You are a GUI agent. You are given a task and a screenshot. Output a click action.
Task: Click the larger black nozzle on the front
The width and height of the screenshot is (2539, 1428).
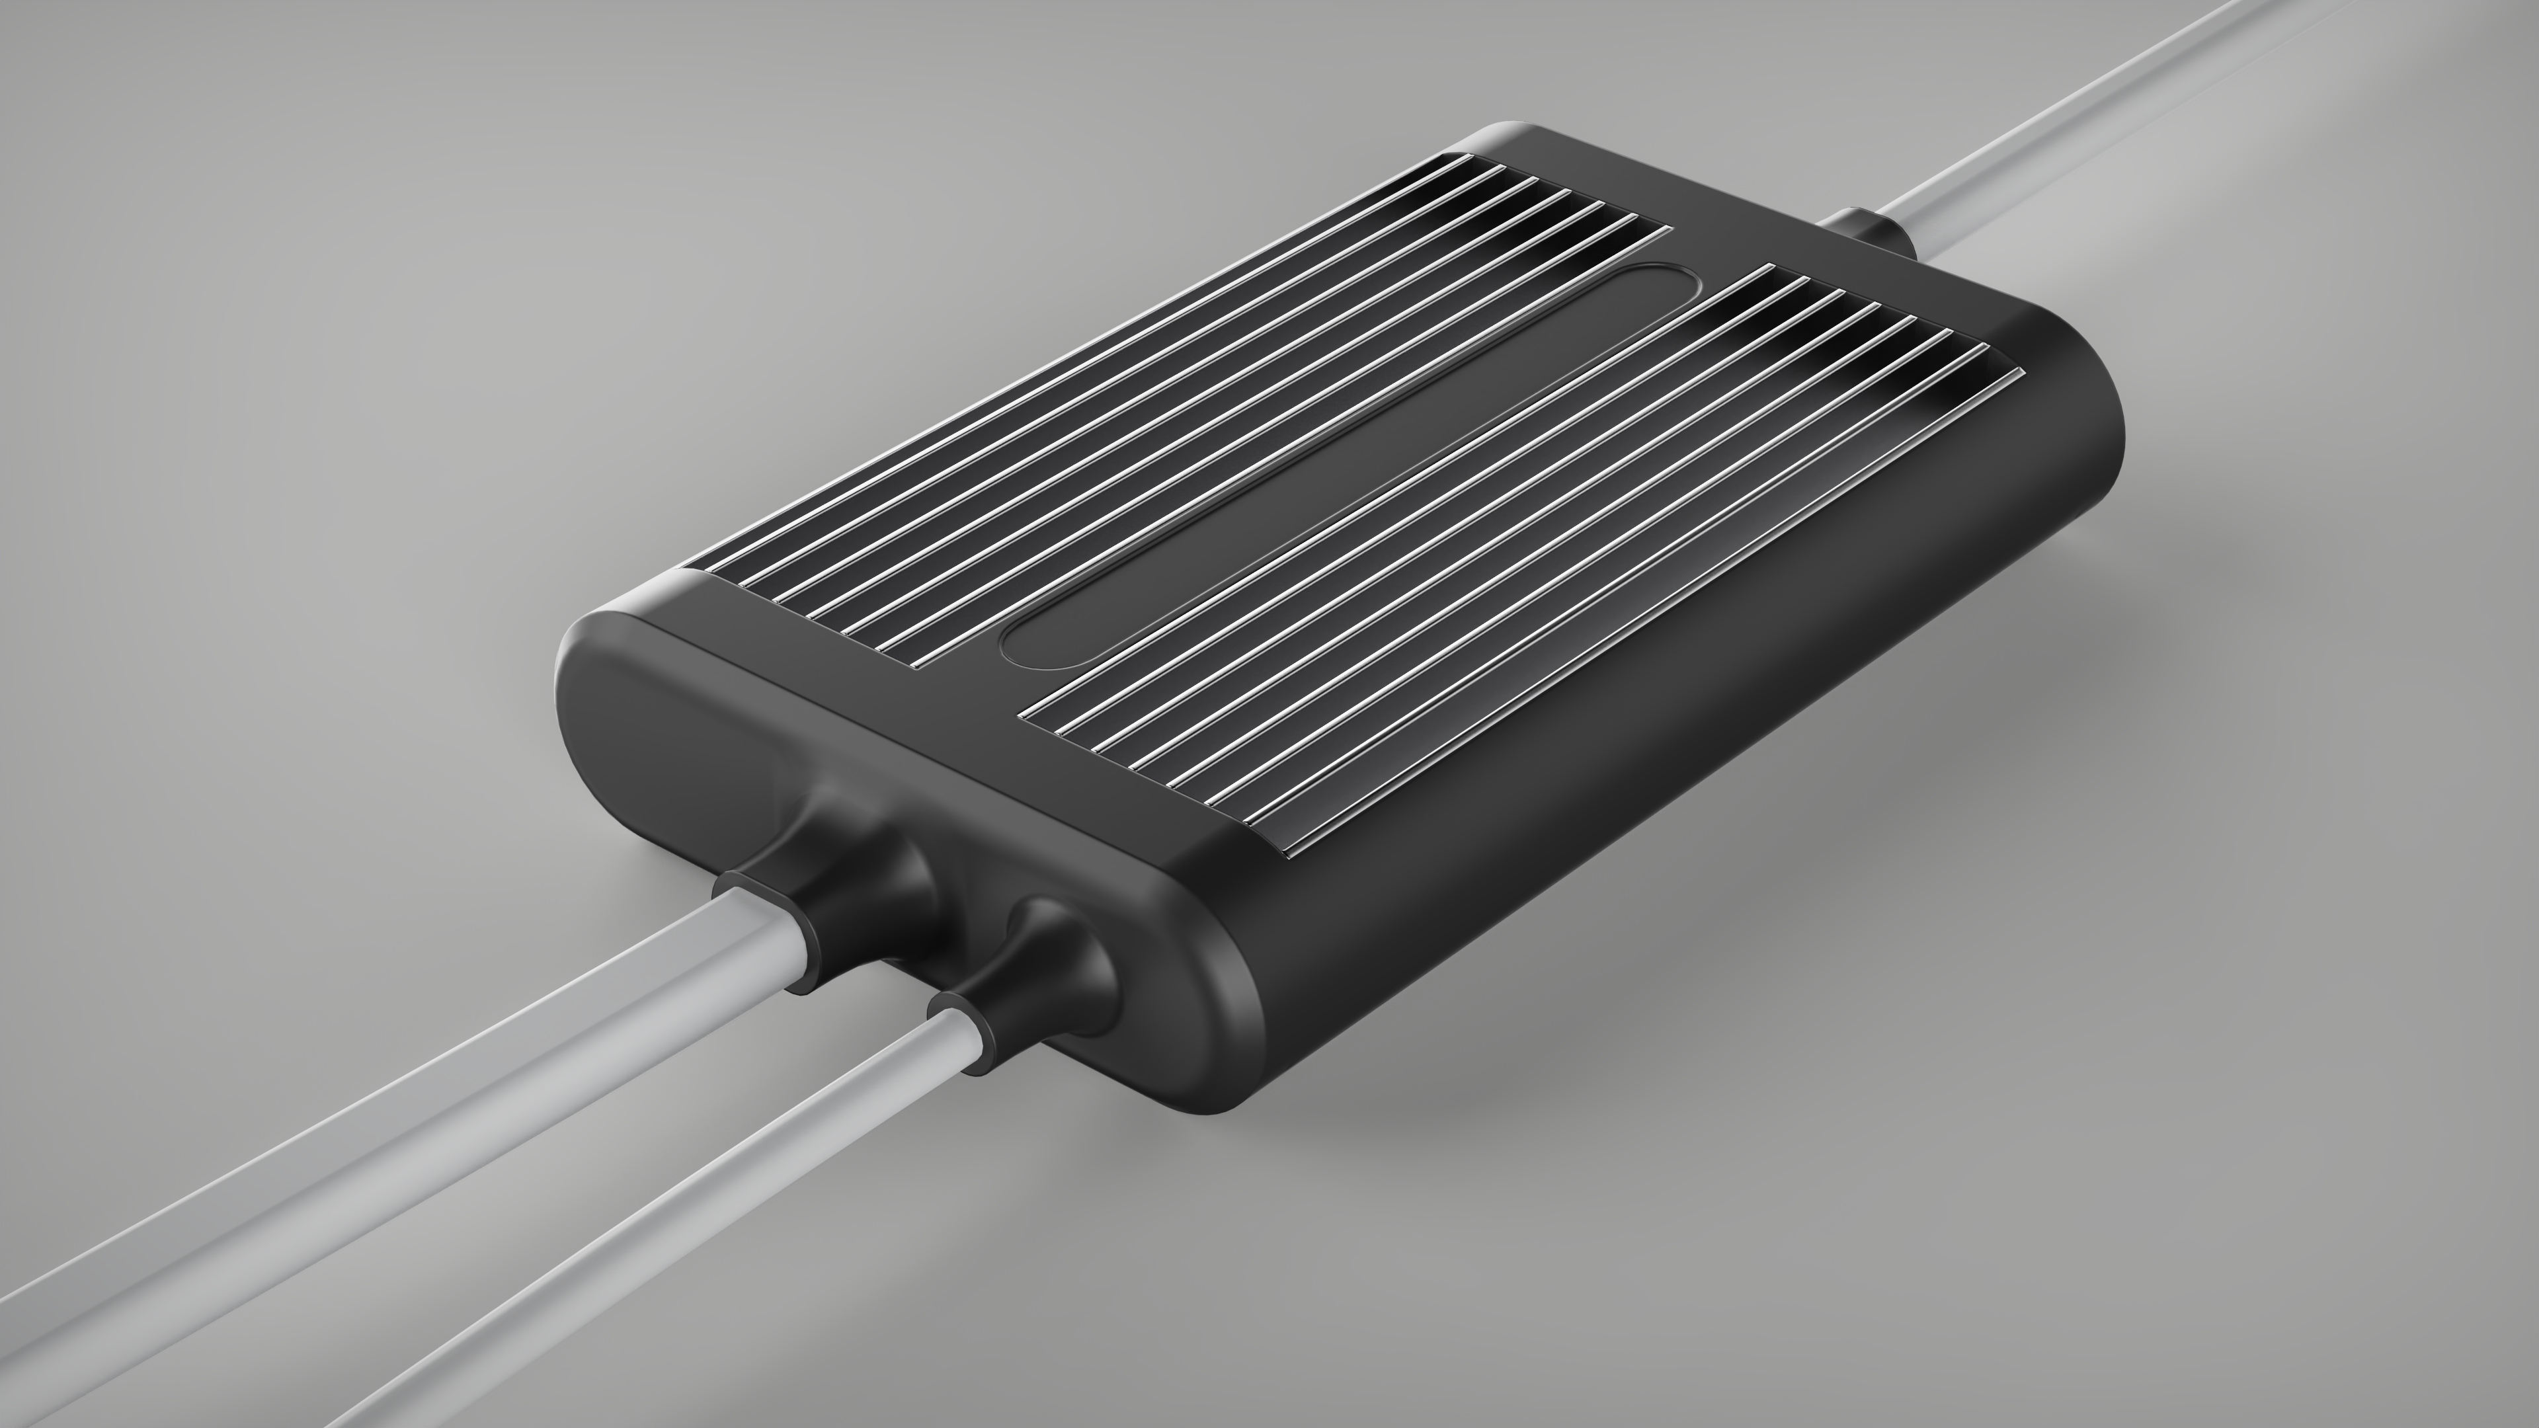coord(848,838)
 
